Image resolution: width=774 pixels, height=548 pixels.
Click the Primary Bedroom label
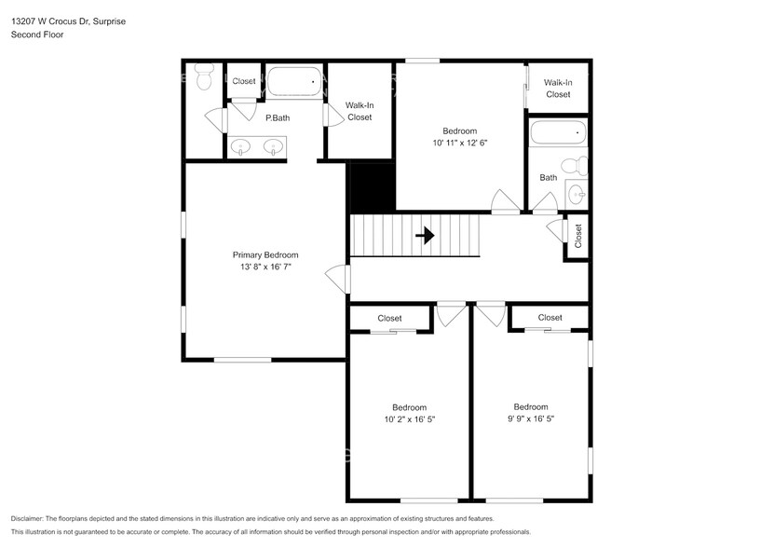pos(265,254)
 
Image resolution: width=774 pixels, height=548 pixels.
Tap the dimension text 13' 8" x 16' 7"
pos(265,267)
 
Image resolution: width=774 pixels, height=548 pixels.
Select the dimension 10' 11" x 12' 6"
pos(459,143)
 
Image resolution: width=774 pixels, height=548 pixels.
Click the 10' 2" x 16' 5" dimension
pos(409,419)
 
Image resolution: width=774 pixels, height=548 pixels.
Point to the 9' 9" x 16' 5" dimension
pos(530,418)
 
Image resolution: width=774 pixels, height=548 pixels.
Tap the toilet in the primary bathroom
pos(204,78)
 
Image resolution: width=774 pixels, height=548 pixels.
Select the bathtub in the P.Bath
pos(292,82)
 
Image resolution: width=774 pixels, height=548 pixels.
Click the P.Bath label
pos(277,118)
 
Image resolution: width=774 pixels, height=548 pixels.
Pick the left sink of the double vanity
pos(240,146)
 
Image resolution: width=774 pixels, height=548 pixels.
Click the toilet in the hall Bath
pos(577,167)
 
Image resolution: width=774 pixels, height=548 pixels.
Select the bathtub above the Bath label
pos(558,133)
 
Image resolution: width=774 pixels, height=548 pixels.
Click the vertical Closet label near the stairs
pos(578,237)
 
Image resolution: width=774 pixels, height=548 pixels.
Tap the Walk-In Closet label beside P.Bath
pos(359,111)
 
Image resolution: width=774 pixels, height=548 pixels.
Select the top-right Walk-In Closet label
pos(558,89)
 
